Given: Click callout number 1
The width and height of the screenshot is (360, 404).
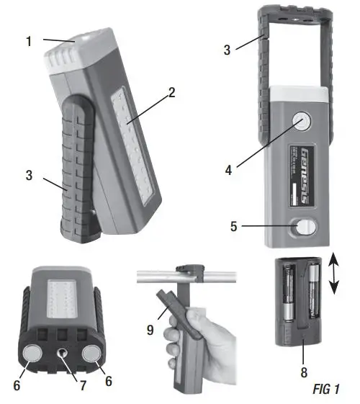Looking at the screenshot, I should (29, 42).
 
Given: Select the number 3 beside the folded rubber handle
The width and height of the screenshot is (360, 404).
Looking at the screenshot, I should (29, 175).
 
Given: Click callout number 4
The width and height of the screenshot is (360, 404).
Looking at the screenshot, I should (227, 171).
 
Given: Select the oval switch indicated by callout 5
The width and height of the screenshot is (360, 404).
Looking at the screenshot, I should (303, 228).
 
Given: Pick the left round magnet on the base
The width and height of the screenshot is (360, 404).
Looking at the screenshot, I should (32, 354).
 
